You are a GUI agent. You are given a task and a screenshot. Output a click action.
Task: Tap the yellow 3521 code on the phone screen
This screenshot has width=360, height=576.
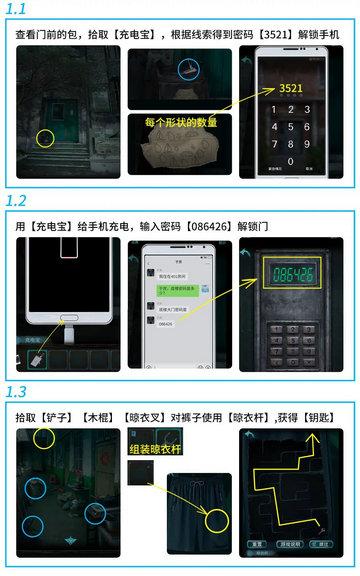point(291,88)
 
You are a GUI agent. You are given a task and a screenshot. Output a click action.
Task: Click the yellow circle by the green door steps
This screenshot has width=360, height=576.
point(45,136)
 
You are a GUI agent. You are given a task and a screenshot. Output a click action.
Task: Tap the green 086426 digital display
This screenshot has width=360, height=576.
point(291,273)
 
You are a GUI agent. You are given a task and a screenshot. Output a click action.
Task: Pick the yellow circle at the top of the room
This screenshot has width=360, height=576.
point(43,437)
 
